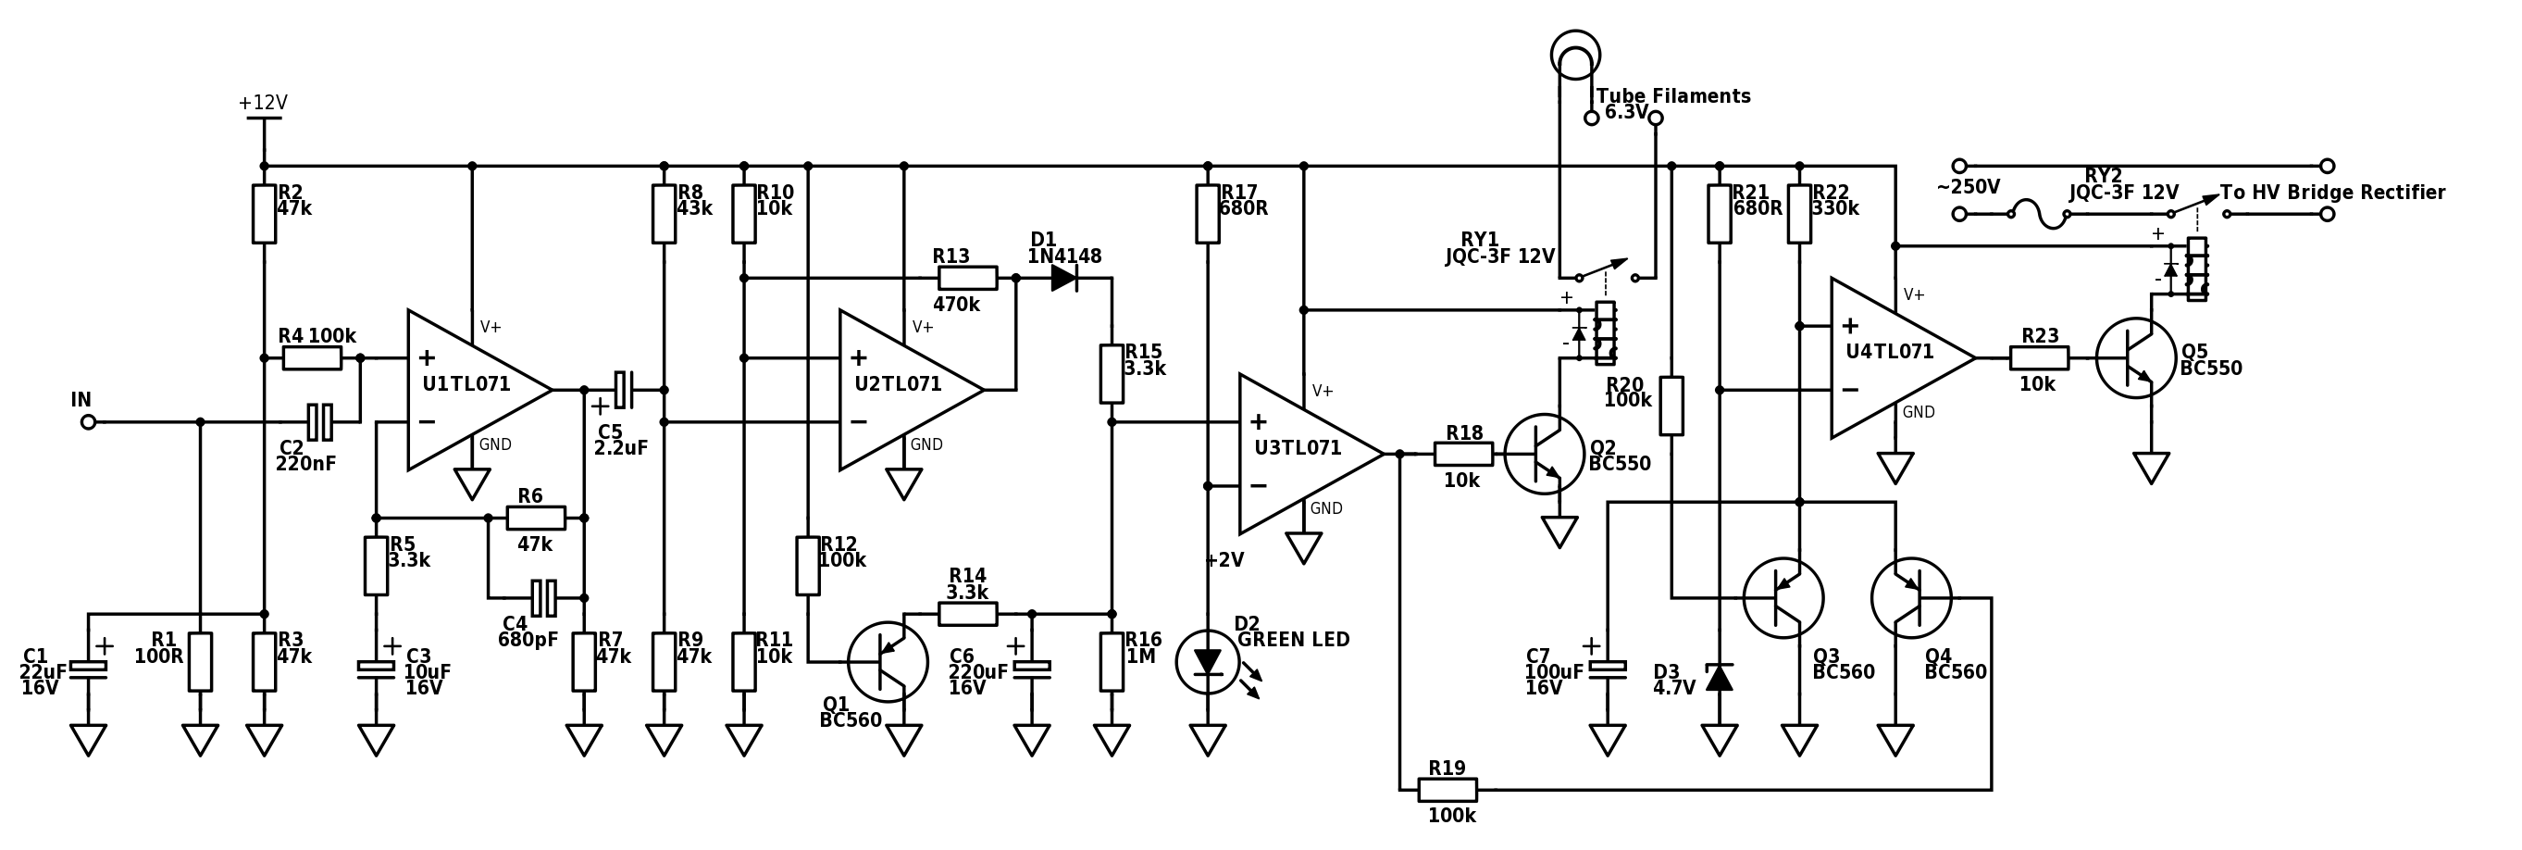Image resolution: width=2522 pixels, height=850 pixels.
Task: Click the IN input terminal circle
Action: coord(88,422)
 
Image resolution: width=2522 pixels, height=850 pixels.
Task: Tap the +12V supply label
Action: coord(263,103)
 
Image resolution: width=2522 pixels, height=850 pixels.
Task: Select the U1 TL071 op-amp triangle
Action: coord(479,390)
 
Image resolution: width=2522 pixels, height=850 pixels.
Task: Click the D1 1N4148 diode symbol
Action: coord(1064,278)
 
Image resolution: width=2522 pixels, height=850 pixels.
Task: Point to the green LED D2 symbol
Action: coord(1207,662)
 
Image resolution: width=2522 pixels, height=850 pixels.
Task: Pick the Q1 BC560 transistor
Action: coord(887,662)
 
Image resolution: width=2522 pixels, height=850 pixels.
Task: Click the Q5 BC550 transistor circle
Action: coord(2136,357)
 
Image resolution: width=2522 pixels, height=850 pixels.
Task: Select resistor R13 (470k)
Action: coord(968,278)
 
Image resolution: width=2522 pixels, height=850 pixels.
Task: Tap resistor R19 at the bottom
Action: coord(1448,789)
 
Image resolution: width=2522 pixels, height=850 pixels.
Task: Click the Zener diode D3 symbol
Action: coord(1720,677)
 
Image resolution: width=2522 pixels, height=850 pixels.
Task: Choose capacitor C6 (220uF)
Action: coord(1031,669)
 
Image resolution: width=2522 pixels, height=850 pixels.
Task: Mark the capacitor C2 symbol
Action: coord(320,422)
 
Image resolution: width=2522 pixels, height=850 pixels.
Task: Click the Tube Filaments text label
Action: coord(1674,96)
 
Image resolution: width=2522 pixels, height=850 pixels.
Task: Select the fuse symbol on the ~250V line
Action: coord(2039,214)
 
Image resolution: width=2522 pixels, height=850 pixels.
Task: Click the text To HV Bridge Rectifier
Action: coord(2333,192)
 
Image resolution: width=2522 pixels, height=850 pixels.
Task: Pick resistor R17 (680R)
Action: coord(1207,214)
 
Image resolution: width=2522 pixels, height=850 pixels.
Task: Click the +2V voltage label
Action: coord(1224,560)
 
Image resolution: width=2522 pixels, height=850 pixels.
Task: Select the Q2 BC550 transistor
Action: coord(1544,454)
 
